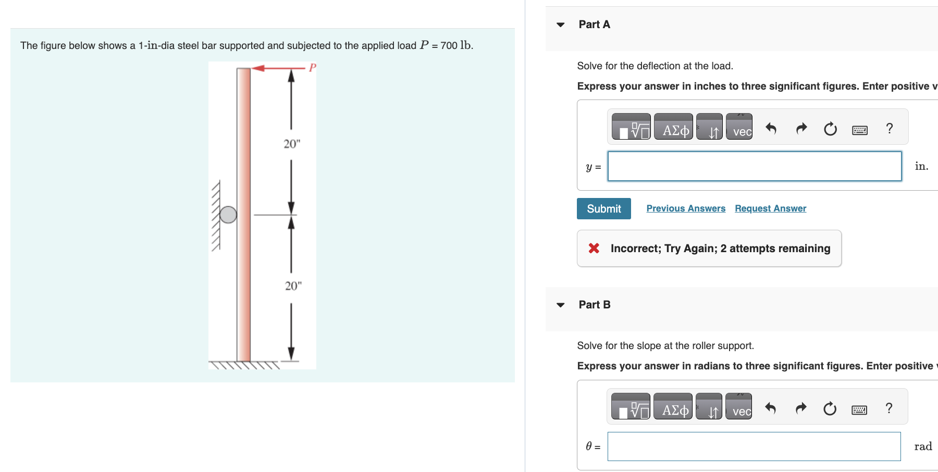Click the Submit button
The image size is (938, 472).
603,208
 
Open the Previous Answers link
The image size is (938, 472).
685,208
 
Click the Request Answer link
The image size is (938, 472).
770,208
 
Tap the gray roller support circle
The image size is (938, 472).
228,215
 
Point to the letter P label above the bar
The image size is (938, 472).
313,68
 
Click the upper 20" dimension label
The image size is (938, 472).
292,144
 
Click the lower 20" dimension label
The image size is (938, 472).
293,286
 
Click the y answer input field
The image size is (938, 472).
754,166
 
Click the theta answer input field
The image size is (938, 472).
754,446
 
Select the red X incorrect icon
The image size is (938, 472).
594,248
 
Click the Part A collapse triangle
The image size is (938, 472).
561,24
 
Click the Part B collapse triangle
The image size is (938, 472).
561,305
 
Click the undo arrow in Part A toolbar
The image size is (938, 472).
771,128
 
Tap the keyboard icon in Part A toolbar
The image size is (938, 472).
859,130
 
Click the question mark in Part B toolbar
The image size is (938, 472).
889,408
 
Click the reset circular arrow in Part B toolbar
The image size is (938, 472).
830,409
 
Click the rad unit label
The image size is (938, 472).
923,446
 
